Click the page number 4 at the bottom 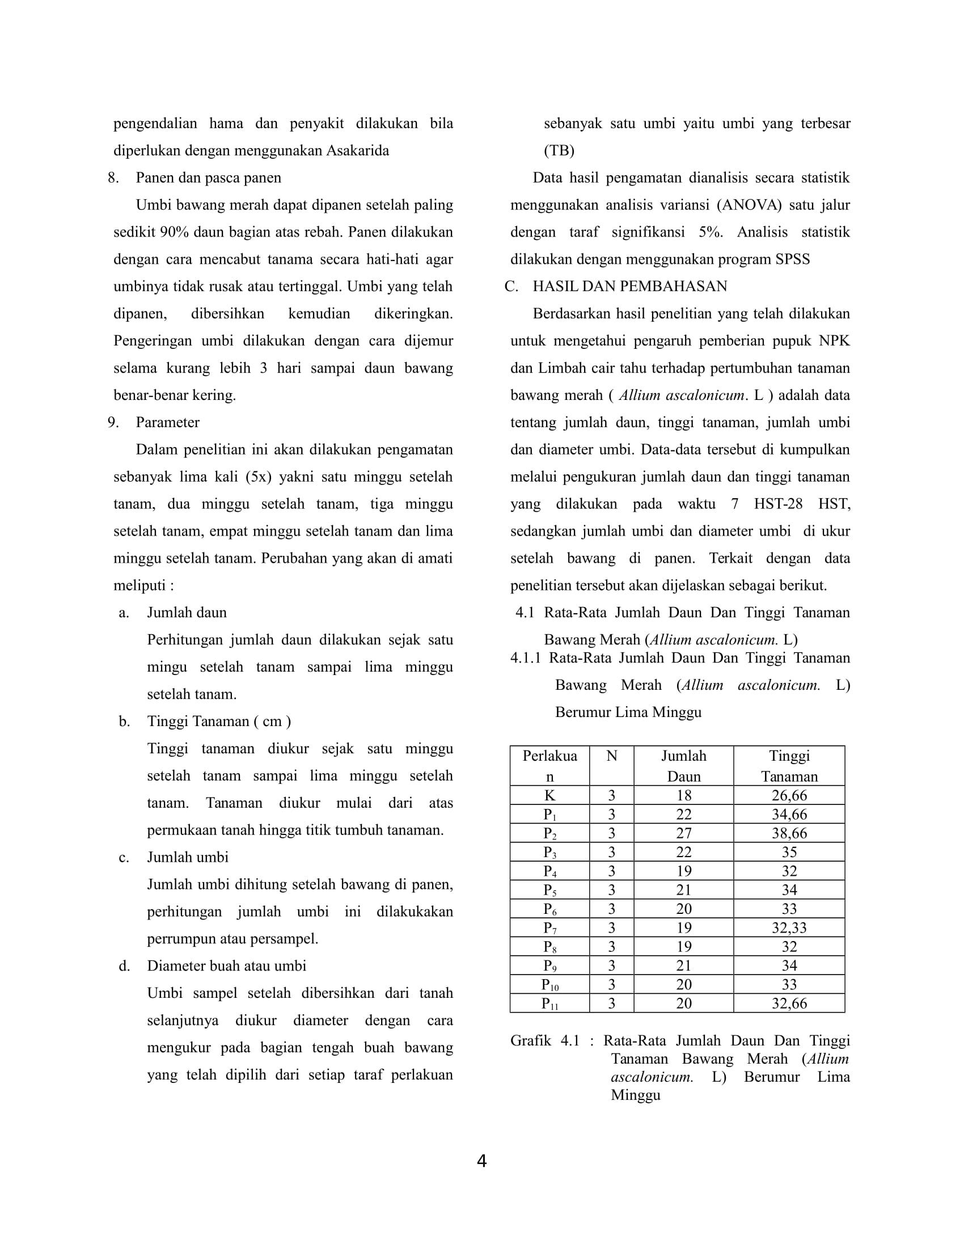pyautogui.click(x=481, y=1161)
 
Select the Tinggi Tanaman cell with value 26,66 pyautogui.click(x=789, y=795)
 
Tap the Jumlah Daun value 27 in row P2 pyautogui.click(x=683, y=833)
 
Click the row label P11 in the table pyautogui.click(x=549, y=1004)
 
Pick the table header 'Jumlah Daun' pyautogui.click(x=683, y=766)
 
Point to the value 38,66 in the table pyautogui.click(x=789, y=833)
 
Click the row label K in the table pyautogui.click(x=549, y=795)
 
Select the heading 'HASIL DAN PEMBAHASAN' pyautogui.click(x=629, y=286)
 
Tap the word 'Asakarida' pyautogui.click(x=357, y=151)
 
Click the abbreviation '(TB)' pyautogui.click(x=559, y=151)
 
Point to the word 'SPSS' pyautogui.click(x=792, y=259)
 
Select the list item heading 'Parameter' pyautogui.click(x=167, y=422)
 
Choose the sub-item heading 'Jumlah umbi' pyautogui.click(x=187, y=857)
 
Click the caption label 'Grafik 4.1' pyautogui.click(x=544, y=1040)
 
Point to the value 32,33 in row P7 pyautogui.click(x=789, y=927)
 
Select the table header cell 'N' pyautogui.click(x=611, y=756)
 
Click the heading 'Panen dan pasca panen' pyautogui.click(x=209, y=178)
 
